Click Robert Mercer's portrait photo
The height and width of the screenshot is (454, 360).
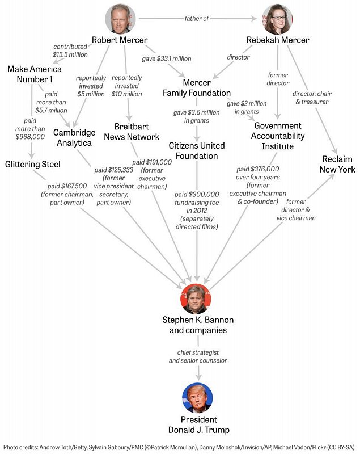click(120, 19)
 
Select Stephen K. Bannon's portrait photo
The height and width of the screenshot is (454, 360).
click(198, 299)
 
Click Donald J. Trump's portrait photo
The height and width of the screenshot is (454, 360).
click(198, 398)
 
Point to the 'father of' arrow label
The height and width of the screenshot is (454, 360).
click(197, 19)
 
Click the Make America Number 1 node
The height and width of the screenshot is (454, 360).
click(35, 74)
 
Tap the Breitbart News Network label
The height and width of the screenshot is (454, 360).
click(132, 131)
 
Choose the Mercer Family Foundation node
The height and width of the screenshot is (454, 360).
click(197, 87)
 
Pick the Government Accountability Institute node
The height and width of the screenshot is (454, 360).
click(278, 136)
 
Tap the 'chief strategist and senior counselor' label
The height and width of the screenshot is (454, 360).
click(198, 356)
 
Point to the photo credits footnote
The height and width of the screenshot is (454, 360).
click(180, 447)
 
